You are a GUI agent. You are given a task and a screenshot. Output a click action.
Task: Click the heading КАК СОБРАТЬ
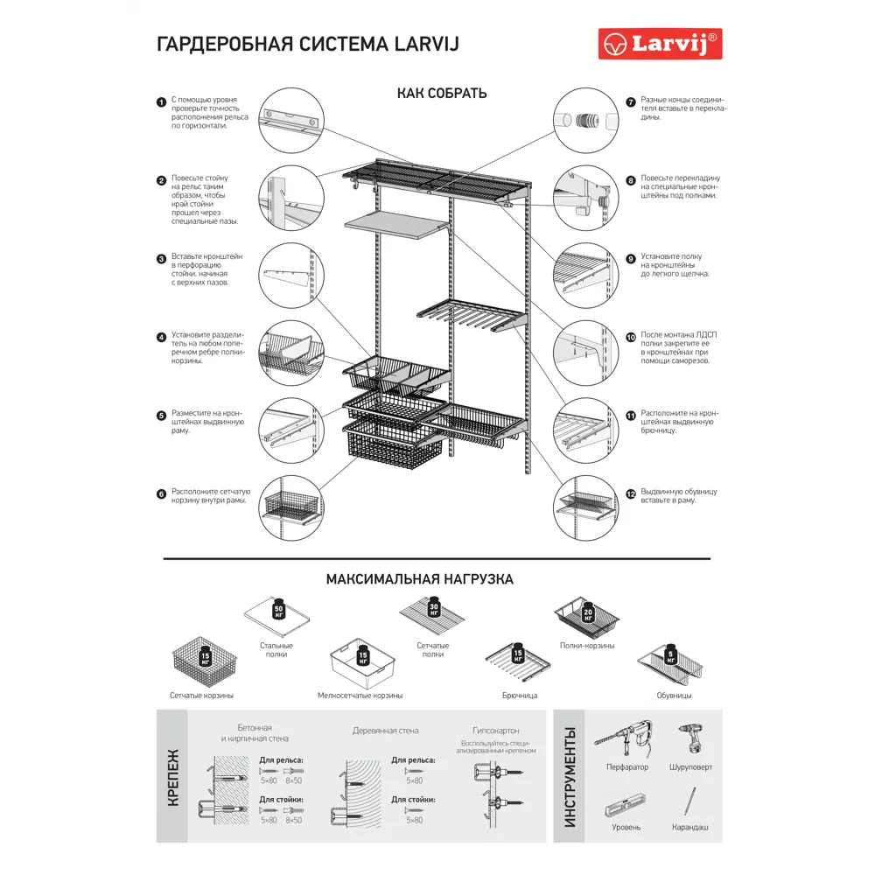point(442,94)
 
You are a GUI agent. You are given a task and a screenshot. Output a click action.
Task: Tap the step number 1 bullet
point(161,102)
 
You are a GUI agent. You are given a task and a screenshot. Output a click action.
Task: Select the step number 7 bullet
point(630,102)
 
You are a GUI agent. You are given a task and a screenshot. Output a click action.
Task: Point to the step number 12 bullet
point(630,493)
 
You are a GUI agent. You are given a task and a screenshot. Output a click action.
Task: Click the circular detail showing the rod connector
point(585,120)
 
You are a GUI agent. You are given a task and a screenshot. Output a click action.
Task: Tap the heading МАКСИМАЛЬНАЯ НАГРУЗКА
point(419,579)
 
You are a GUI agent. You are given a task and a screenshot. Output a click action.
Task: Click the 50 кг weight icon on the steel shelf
point(278,610)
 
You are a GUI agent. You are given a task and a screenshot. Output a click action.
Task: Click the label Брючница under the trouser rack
point(520,696)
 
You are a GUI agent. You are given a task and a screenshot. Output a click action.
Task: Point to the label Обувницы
point(674,696)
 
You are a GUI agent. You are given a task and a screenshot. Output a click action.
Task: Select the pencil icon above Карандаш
point(690,801)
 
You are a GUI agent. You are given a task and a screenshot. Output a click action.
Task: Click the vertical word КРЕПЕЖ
point(172,778)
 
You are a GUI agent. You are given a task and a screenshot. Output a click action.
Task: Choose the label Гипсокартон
point(495,730)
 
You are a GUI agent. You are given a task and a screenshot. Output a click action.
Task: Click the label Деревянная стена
point(386,730)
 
